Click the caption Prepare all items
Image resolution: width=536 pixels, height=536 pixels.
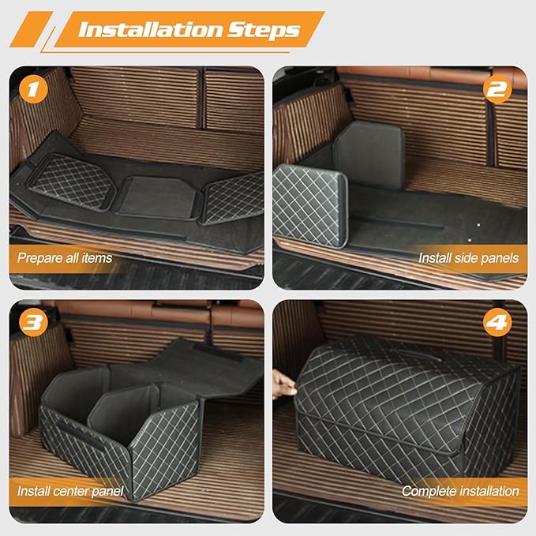click(64, 257)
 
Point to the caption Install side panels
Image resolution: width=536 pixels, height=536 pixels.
click(469, 257)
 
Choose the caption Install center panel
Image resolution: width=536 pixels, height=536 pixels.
click(70, 491)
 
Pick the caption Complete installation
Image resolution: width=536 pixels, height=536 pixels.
click(460, 491)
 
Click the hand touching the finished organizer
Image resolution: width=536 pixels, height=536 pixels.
click(280, 384)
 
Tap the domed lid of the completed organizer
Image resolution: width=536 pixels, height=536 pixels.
click(395, 371)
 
